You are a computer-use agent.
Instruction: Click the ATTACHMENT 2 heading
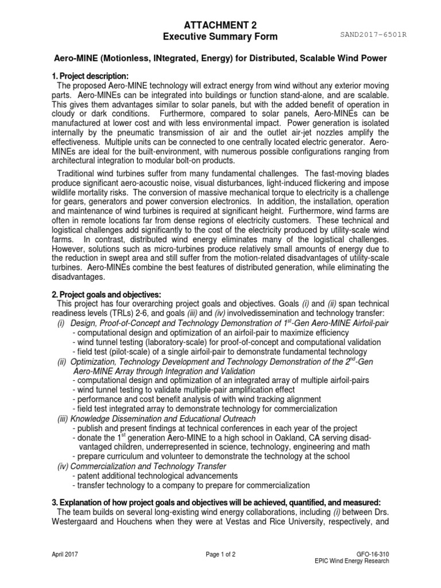220,25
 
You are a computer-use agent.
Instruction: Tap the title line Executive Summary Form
220,37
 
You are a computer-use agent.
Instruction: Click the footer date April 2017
65,555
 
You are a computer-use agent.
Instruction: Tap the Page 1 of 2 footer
220,555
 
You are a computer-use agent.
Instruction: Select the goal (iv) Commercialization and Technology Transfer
141,466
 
